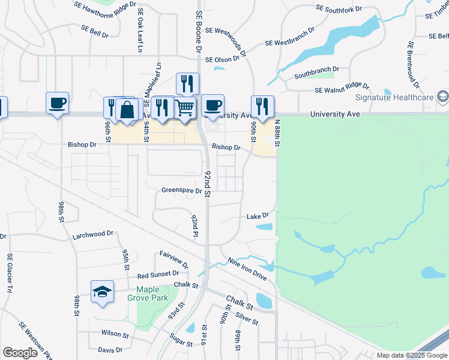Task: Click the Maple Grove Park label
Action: click(x=147, y=293)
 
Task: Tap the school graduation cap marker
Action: click(x=103, y=292)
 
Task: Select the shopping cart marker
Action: click(x=185, y=108)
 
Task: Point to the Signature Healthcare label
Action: click(x=394, y=98)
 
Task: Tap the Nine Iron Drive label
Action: click(x=247, y=269)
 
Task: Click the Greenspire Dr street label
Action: click(x=181, y=190)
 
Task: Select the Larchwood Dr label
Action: click(x=92, y=233)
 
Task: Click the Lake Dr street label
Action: click(x=257, y=215)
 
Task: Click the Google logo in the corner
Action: click(x=20, y=352)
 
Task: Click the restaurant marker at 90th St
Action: click(x=262, y=106)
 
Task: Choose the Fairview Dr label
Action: click(x=174, y=259)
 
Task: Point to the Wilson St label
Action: click(x=115, y=333)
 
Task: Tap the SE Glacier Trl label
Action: click(x=10, y=274)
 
